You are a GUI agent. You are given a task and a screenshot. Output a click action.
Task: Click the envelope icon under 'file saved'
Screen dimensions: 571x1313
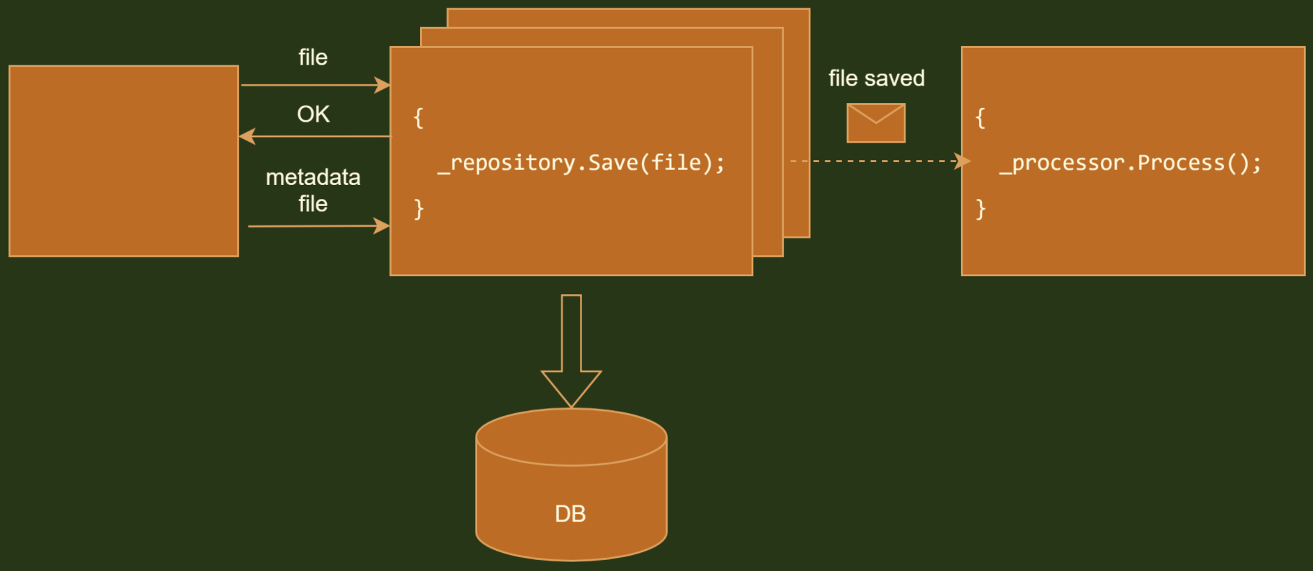[876, 123]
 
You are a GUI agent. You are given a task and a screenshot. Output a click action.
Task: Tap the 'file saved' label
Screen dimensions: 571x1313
[876, 79]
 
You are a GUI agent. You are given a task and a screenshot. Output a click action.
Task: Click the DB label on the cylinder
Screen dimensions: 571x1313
[570, 514]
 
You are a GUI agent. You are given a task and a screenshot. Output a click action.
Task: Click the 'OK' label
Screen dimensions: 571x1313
[313, 114]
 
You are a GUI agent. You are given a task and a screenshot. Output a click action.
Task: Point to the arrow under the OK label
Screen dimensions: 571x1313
[314, 136]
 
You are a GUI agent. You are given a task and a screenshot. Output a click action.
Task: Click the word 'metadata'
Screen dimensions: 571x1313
[313, 177]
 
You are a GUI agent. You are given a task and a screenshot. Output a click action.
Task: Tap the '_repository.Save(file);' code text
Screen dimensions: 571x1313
[581, 163]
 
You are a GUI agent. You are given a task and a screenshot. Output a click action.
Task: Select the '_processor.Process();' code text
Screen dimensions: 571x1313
[1130, 163]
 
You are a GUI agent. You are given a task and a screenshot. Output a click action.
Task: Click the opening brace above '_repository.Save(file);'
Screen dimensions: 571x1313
[418, 118]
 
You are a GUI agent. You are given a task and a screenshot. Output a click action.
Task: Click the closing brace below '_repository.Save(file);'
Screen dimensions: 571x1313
[418, 209]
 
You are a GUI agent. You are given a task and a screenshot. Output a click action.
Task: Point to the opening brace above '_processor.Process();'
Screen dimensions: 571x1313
[980, 118]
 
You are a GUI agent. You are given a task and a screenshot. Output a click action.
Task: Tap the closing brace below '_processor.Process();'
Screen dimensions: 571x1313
[980, 209]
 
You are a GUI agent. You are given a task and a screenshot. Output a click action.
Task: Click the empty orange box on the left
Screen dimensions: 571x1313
[124, 161]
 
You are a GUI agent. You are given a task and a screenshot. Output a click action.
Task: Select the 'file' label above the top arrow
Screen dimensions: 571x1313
[313, 57]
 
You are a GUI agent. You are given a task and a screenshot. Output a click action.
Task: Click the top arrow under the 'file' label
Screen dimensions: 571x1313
[314, 86]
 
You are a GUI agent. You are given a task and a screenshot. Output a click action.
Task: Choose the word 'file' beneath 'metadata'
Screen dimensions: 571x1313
[313, 204]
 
